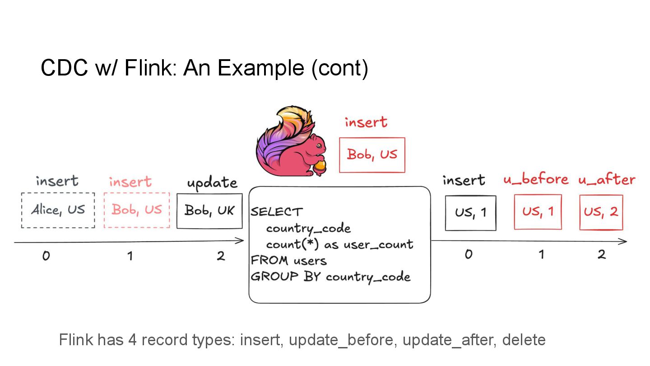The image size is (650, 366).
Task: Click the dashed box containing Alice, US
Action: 58,210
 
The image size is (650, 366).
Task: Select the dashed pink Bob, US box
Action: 137,210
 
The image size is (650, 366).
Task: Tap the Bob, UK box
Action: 209,211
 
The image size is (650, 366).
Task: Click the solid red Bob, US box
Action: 372,155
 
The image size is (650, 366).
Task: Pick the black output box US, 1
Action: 470,213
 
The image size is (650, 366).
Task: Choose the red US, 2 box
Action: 601,212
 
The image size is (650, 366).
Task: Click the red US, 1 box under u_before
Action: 538,212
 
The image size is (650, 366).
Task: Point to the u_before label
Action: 536,180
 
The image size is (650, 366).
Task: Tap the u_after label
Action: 607,180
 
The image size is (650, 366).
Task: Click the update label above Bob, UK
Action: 212,183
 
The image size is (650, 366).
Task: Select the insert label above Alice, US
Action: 57,181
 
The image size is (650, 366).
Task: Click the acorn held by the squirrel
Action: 320,167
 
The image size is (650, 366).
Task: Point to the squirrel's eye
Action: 319,145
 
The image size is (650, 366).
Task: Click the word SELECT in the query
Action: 277,211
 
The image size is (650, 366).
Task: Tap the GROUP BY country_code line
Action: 330,277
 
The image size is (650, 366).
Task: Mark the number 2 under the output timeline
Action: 601,254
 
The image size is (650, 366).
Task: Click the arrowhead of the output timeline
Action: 624,242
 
